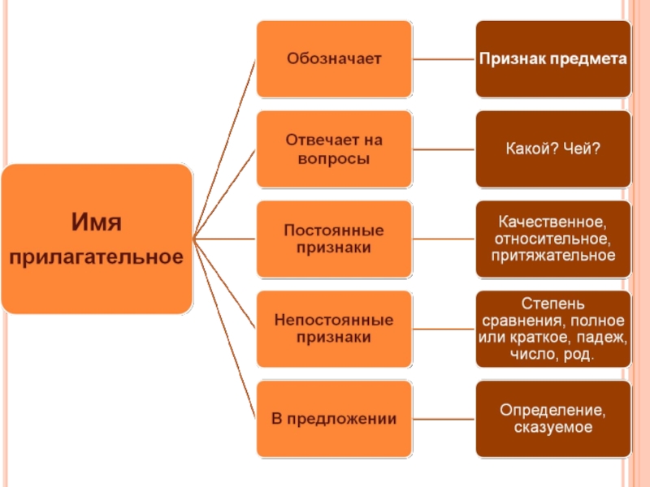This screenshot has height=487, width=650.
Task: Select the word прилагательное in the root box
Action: pyautogui.click(x=97, y=257)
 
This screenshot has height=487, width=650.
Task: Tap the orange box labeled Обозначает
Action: pyautogui.click(x=334, y=59)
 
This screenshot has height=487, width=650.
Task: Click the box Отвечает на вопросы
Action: pyautogui.click(x=334, y=149)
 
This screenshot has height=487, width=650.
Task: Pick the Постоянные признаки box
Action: pyautogui.click(x=334, y=239)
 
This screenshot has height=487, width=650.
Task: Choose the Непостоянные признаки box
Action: pyautogui.click(x=334, y=329)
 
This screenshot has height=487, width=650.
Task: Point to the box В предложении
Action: pyautogui.click(x=334, y=419)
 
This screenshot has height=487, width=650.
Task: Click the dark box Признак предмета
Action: pyautogui.click(x=552, y=59)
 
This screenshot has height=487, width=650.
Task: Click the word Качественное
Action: pyautogui.click(x=552, y=222)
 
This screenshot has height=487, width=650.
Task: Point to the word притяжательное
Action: pyautogui.click(x=552, y=256)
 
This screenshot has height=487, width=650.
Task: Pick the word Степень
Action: pyautogui.click(x=552, y=304)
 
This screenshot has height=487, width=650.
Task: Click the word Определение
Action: pyautogui.click(x=552, y=410)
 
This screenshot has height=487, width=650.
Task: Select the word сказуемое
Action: pyautogui.click(x=552, y=428)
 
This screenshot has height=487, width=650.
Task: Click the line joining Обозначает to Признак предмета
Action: pyautogui.click(x=444, y=59)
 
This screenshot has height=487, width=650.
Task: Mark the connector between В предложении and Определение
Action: pyautogui.click(x=444, y=419)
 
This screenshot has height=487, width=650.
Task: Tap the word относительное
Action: pyautogui.click(x=552, y=239)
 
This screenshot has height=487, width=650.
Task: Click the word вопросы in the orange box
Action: pyautogui.click(x=334, y=158)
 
